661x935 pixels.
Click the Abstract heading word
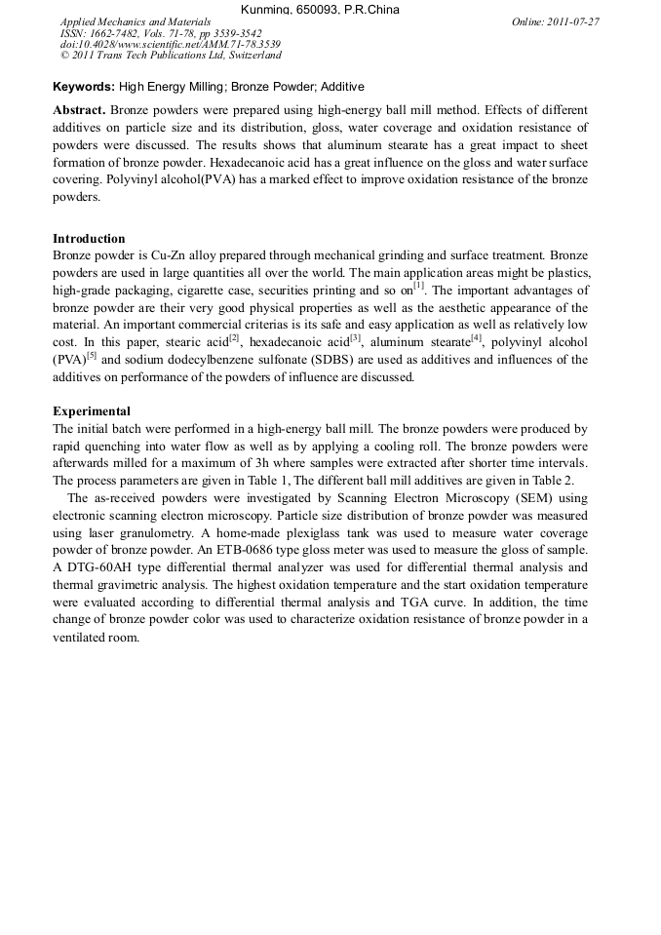pos(79,110)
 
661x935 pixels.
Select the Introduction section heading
pos(89,239)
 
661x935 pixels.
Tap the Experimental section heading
pos(91,411)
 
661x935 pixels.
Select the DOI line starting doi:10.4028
pos(171,45)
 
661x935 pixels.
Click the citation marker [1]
pos(418,287)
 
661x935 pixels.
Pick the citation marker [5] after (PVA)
pos(91,355)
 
